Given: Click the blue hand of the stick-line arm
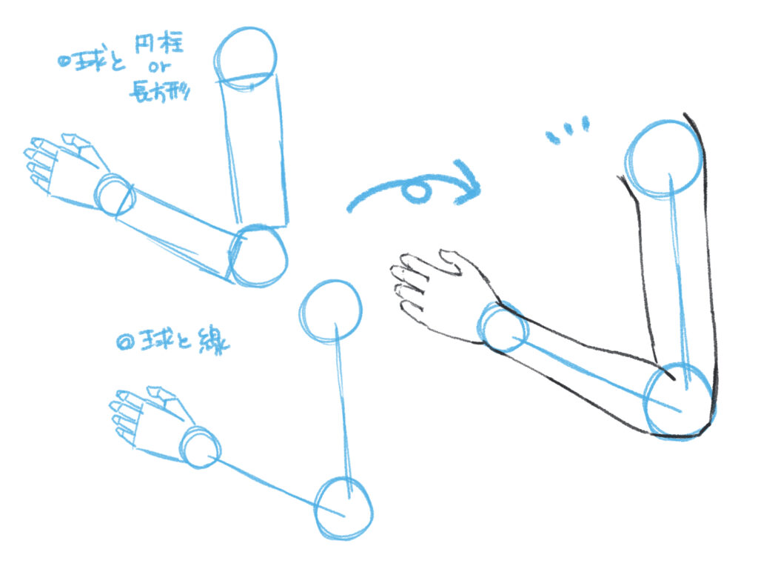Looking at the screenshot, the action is tap(147, 420).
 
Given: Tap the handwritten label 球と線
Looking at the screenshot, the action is tap(173, 342).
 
